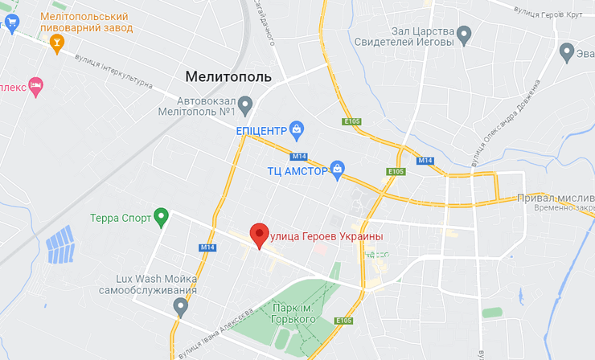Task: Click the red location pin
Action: (x=259, y=235)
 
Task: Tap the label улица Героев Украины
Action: (x=325, y=235)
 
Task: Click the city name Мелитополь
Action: (x=228, y=77)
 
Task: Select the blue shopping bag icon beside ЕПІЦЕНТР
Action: (x=297, y=129)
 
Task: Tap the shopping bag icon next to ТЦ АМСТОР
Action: (x=339, y=169)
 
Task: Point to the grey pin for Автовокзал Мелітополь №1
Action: (x=246, y=104)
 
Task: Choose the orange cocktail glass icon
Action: (x=56, y=44)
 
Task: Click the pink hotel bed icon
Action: (x=35, y=85)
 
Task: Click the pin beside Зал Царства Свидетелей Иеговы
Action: (x=463, y=34)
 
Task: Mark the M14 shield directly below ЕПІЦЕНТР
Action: (x=299, y=155)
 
